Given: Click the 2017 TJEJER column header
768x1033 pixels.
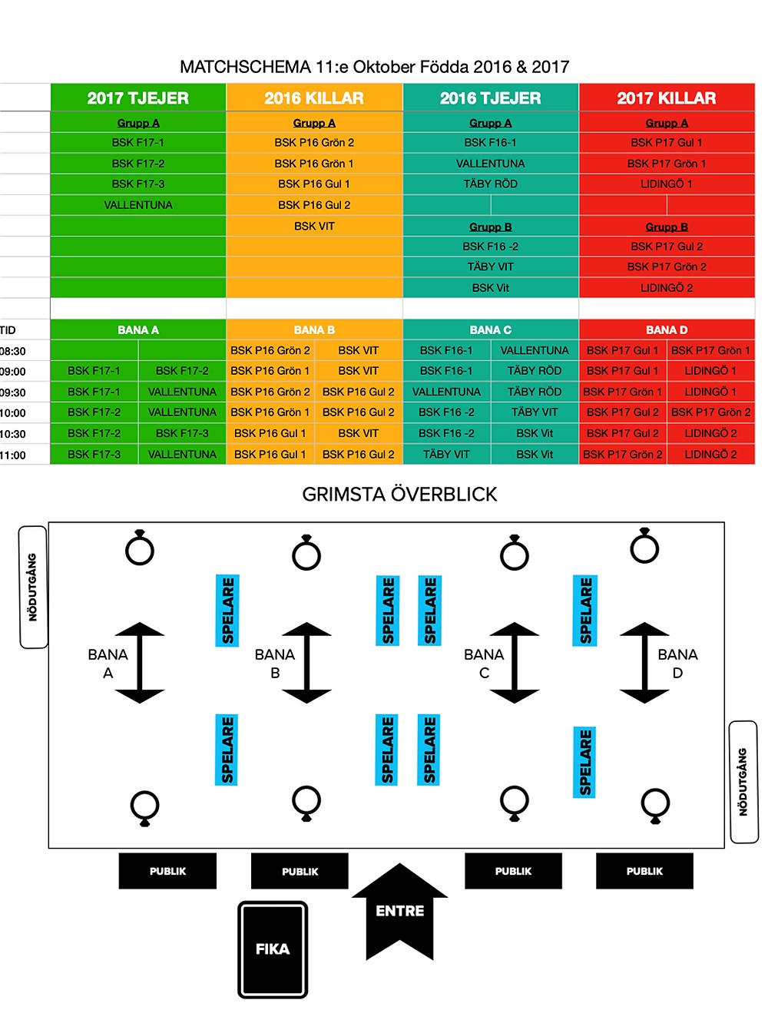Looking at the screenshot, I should pyautogui.click(x=138, y=98).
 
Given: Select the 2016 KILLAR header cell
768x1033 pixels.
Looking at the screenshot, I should pyautogui.click(x=314, y=98).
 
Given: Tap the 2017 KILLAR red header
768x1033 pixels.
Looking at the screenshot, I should pyautogui.click(x=667, y=98).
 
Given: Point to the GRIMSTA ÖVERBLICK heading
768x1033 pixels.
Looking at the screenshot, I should pyautogui.click(x=399, y=494).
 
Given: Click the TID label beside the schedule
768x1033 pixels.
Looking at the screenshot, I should pyautogui.click(x=8, y=330).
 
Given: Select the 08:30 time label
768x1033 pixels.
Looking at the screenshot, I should pyautogui.click(x=13, y=351).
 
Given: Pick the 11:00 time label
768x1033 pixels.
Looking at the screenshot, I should pyautogui.click(x=13, y=455).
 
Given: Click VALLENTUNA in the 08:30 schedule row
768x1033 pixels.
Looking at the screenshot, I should pyautogui.click(x=535, y=350).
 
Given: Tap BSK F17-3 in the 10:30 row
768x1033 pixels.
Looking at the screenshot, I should pyautogui.click(x=182, y=433).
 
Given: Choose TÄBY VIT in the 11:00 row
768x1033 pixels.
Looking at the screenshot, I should pyautogui.click(x=446, y=454).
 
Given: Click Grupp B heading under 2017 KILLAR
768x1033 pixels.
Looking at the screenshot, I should pyautogui.click(x=667, y=227).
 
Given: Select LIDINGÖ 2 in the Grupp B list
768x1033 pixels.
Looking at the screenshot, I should pyautogui.click(x=667, y=288).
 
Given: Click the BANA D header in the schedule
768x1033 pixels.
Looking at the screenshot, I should pyautogui.click(x=667, y=329).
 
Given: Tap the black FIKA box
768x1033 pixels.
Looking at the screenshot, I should pyautogui.click(x=273, y=949).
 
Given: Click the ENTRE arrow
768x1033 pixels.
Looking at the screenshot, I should pyautogui.click(x=399, y=911).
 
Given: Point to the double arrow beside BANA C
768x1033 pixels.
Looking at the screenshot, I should pyautogui.click(x=515, y=663).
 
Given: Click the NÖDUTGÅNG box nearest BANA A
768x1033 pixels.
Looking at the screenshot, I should pyautogui.click(x=33, y=587).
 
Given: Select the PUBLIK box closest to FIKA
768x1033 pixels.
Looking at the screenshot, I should pyautogui.click(x=300, y=871).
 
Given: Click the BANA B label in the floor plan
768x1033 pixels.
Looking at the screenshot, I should pyautogui.click(x=275, y=664).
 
